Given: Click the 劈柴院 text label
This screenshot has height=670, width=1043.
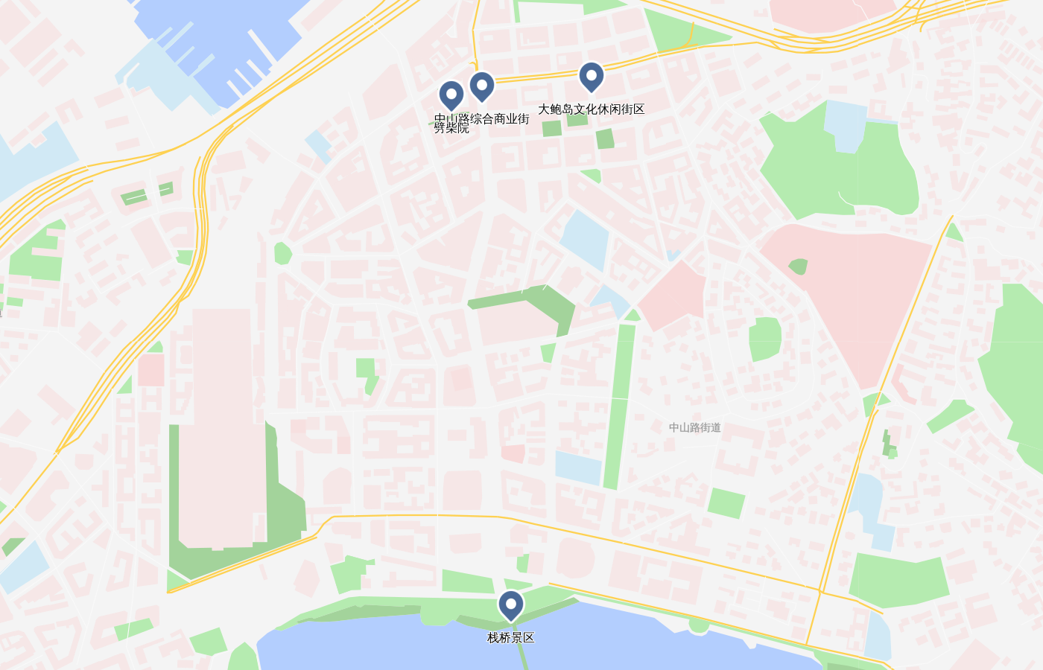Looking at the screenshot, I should pyautogui.click(x=451, y=129).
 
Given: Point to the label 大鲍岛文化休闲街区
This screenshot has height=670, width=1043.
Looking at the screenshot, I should pyautogui.click(x=591, y=109).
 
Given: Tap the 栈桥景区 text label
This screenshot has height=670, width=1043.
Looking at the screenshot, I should pyautogui.click(x=511, y=638).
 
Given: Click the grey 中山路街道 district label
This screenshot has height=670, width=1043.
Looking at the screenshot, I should pyautogui.click(x=694, y=427).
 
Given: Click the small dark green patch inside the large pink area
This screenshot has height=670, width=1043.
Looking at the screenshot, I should pyautogui.click(x=798, y=267).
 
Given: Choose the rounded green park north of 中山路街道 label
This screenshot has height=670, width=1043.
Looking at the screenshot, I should pyautogui.click(x=764, y=339).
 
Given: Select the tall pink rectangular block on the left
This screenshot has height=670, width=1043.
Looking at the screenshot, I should pyautogui.click(x=221, y=424).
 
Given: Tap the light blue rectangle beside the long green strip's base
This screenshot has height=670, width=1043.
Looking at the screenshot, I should pyautogui.click(x=578, y=468).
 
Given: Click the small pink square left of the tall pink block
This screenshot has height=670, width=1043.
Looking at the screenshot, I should pyautogui.click(x=151, y=370).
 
